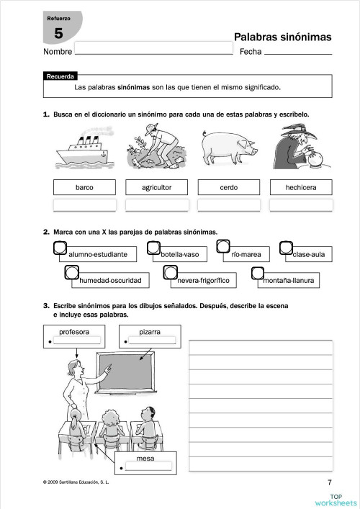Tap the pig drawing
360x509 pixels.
229,149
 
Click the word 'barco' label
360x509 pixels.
84,188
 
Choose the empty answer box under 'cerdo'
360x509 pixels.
229,205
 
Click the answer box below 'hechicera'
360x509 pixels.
301,205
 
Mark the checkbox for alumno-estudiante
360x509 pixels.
60,248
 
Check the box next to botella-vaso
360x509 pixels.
153,248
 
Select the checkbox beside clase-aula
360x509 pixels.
286,248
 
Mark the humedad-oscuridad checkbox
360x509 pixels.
71,273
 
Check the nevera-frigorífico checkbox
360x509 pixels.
171,273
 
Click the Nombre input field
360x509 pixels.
153,49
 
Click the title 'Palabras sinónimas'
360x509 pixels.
282,37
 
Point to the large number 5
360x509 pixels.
58,33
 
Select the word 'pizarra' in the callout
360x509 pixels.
150,332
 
